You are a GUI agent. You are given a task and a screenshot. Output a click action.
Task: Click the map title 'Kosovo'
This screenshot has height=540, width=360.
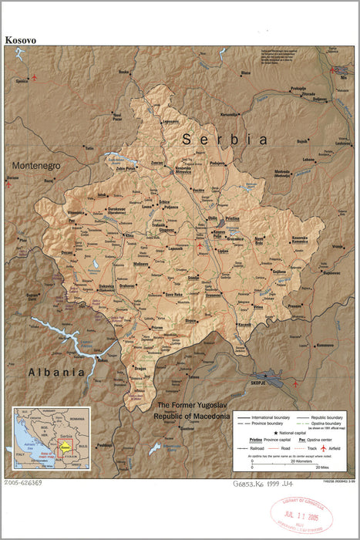(x=20, y=39)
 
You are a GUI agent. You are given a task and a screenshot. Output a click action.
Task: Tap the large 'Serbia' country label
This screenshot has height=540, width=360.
(x=225, y=140)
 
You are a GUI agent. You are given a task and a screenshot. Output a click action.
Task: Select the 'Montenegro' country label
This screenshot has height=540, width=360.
(x=35, y=166)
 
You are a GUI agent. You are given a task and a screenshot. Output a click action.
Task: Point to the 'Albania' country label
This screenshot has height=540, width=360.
(x=56, y=372)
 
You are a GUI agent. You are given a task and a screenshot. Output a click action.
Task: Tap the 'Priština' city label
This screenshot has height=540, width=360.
(x=233, y=219)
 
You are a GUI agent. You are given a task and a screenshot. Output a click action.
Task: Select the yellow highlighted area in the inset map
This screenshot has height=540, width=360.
(x=66, y=447)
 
